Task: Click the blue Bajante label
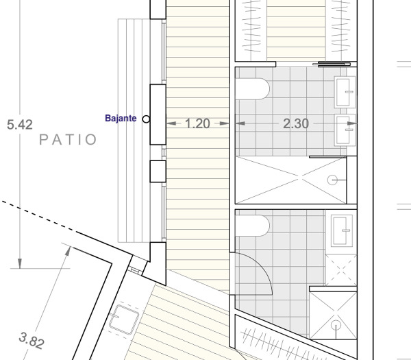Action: pos(121,119)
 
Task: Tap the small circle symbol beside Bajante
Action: pos(147,119)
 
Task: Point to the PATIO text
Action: pos(68,140)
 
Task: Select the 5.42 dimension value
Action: pos(20,125)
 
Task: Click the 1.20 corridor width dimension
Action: pos(198,123)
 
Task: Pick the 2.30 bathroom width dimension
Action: pos(296,123)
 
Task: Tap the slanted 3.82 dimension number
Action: pos(32,341)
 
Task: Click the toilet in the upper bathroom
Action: pos(253,89)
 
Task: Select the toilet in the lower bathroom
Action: pos(253,226)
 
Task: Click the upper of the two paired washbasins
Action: pos(345,92)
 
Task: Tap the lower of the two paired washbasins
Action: pos(345,130)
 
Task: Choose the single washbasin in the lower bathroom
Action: pos(342,230)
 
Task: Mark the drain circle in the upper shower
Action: pos(332,180)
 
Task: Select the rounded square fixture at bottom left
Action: pos(124,320)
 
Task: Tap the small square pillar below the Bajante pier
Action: pos(158,171)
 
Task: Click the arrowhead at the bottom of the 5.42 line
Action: pos(20,263)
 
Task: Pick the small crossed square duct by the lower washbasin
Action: pos(341,269)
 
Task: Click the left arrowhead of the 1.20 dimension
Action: pos(171,123)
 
